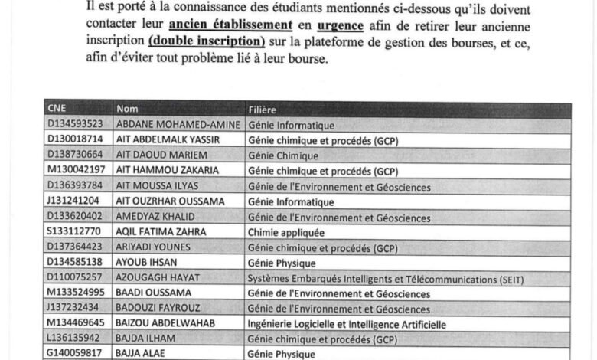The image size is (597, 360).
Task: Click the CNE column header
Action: coord(57,109)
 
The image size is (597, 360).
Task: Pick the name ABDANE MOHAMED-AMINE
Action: coord(178,124)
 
